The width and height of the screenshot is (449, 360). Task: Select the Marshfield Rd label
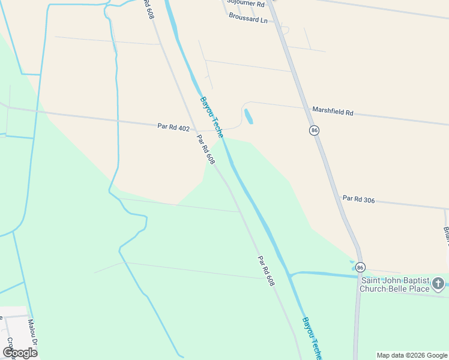click(x=333, y=111)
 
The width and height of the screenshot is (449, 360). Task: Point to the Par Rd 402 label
click(x=173, y=127)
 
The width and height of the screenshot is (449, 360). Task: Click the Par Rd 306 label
click(x=358, y=199)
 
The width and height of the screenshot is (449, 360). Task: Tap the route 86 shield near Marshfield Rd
click(x=314, y=130)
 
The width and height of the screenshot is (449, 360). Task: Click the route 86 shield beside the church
click(x=360, y=267)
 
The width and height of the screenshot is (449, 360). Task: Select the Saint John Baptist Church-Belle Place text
click(x=394, y=284)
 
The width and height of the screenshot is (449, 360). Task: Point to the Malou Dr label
click(x=32, y=332)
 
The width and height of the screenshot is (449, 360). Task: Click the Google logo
click(x=20, y=352)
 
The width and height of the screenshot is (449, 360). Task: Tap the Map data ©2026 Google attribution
click(x=411, y=355)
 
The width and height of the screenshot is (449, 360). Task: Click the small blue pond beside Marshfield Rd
click(x=249, y=116)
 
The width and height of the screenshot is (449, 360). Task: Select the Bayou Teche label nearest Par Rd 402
click(x=212, y=116)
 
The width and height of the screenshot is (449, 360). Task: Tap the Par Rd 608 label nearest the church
click(x=266, y=271)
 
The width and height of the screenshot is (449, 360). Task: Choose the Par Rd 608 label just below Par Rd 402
click(x=206, y=149)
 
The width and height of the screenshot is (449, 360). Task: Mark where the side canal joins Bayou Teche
click(x=290, y=275)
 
